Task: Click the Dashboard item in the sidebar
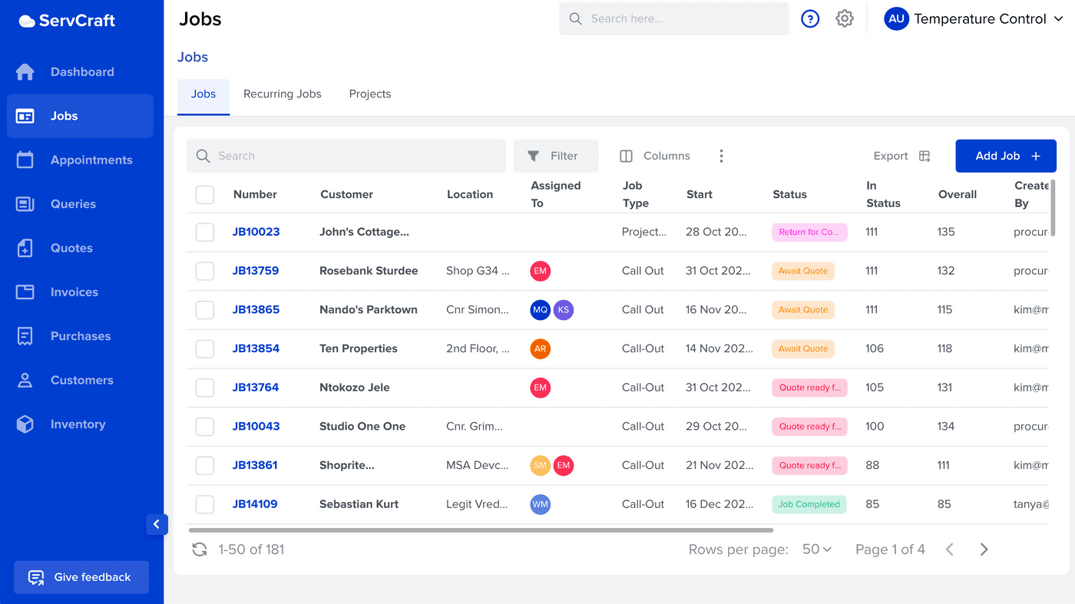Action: point(81,72)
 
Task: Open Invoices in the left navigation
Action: point(74,292)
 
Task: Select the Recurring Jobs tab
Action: point(282,94)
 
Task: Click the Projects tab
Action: point(369,94)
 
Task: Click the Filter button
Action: point(555,156)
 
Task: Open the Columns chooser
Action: point(655,156)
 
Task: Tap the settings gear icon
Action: point(845,19)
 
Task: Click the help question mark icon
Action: point(810,19)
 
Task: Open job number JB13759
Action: point(256,271)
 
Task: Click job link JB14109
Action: point(255,504)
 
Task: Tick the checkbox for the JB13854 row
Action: point(205,348)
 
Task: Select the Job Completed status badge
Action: point(809,504)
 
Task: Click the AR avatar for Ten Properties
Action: point(541,348)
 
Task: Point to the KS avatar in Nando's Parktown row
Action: point(564,310)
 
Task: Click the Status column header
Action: point(789,195)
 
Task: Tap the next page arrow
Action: point(984,550)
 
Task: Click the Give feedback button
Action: point(81,577)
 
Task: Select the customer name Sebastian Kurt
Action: point(359,504)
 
